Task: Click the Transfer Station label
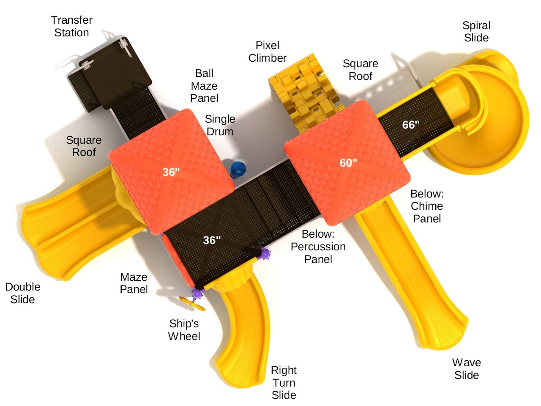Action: [71, 26]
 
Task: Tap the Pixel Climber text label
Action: [268, 52]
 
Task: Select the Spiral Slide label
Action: [476, 32]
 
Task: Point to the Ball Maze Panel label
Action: [204, 86]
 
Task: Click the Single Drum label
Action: [220, 125]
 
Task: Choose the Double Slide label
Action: [23, 293]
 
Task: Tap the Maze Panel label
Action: [134, 283]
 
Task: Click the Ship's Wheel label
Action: [184, 330]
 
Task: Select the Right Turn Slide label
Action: [284, 383]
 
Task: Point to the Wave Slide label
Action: [467, 369]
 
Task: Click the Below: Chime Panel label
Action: [427, 206]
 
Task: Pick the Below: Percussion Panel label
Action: [318, 247]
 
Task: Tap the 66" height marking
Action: [411, 125]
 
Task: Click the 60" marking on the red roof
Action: [348, 163]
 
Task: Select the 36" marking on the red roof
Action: [171, 172]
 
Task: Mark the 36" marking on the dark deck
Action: [212, 240]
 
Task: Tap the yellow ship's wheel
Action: [192, 304]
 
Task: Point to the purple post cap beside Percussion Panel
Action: [265, 254]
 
